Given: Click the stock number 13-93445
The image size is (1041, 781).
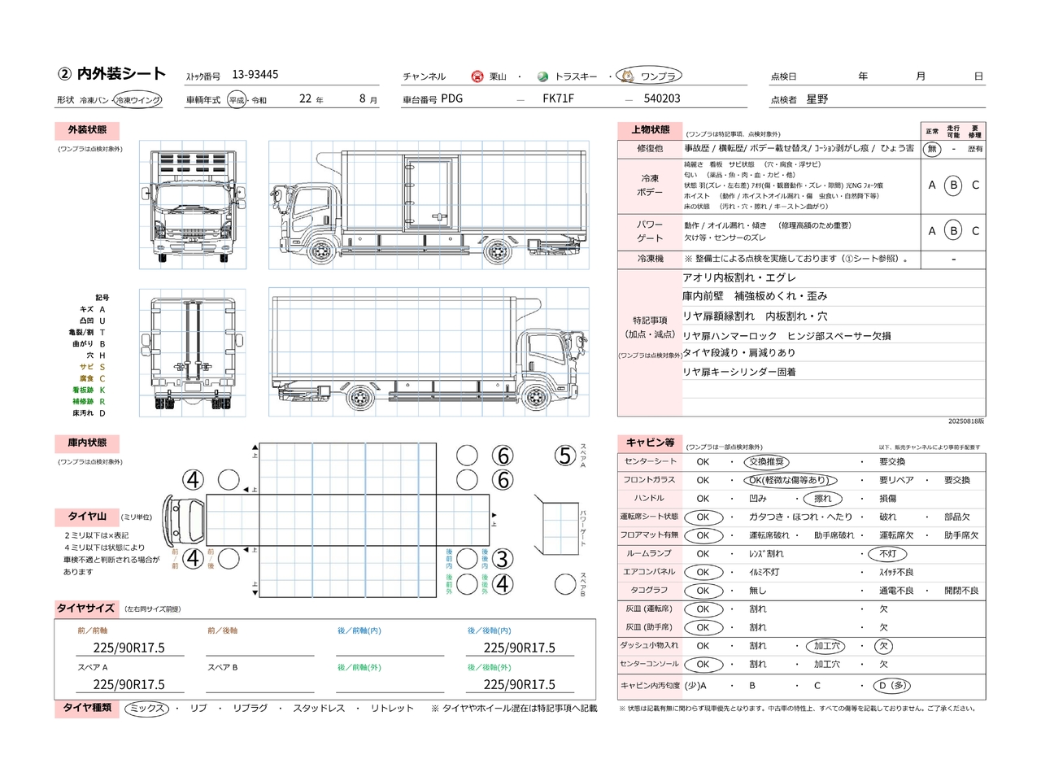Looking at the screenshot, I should tap(255, 75).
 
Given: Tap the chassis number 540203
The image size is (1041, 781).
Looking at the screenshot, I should tap(661, 98).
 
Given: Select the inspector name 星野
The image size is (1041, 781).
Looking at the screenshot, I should tap(817, 99).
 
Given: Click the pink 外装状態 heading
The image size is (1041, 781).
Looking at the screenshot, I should tap(87, 130).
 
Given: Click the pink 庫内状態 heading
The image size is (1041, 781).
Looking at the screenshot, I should tap(87, 443).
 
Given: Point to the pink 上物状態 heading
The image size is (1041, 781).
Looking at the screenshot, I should tap(650, 130).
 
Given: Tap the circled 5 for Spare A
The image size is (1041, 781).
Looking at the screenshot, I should tap(565, 456).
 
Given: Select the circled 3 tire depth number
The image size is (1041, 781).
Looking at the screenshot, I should tap(503, 559).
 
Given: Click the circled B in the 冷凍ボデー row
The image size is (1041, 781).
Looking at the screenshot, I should tap(953, 185).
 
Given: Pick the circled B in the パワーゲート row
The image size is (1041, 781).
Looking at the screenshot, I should tap(953, 231).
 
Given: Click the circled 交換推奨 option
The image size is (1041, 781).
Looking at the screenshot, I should tap(766, 462).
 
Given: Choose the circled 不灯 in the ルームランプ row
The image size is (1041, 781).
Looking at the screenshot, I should tap(887, 554).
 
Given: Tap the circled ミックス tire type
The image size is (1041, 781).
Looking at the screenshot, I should tap(147, 709).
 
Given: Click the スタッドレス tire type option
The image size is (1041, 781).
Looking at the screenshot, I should tap(319, 709).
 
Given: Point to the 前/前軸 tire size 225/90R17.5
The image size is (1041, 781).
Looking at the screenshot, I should tap(128, 648).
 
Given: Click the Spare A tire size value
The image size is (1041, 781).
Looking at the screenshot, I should tap(128, 684).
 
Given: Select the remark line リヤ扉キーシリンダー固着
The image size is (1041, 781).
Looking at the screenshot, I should tap(738, 372).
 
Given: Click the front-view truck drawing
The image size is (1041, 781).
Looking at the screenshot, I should tap(193, 205).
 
